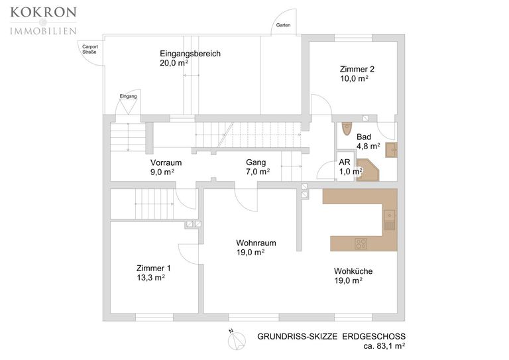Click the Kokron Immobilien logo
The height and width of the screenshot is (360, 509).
click(44, 21)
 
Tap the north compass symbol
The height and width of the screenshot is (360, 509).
click(237, 341)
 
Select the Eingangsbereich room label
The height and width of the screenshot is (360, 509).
click(190, 58)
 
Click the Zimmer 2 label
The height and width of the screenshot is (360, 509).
click(357, 74)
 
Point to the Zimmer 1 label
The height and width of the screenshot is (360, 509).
click(153, 272)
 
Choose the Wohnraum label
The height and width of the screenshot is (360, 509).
click(256, 247)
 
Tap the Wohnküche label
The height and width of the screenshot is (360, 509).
click(353, 276)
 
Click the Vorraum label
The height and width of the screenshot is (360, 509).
click(166, 167)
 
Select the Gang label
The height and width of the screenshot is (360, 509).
click(258, 167)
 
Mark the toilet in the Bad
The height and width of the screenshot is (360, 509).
click(347, 128)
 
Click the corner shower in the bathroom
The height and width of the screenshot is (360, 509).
click(368, 170)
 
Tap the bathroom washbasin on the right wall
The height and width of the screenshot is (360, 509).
click(391, 150)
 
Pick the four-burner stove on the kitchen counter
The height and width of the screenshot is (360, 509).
click(361, 243)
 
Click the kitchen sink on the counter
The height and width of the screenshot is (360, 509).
click(390, 219)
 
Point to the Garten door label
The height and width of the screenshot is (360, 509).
click(283, 25)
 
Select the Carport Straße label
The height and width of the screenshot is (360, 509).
click(90, 49)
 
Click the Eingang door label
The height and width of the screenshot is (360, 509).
click(128, 96)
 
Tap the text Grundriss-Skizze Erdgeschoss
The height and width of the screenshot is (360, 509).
click(331, 336)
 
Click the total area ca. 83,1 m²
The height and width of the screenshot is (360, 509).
click(384, 346)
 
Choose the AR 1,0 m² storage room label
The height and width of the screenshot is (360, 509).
click(350, 167)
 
